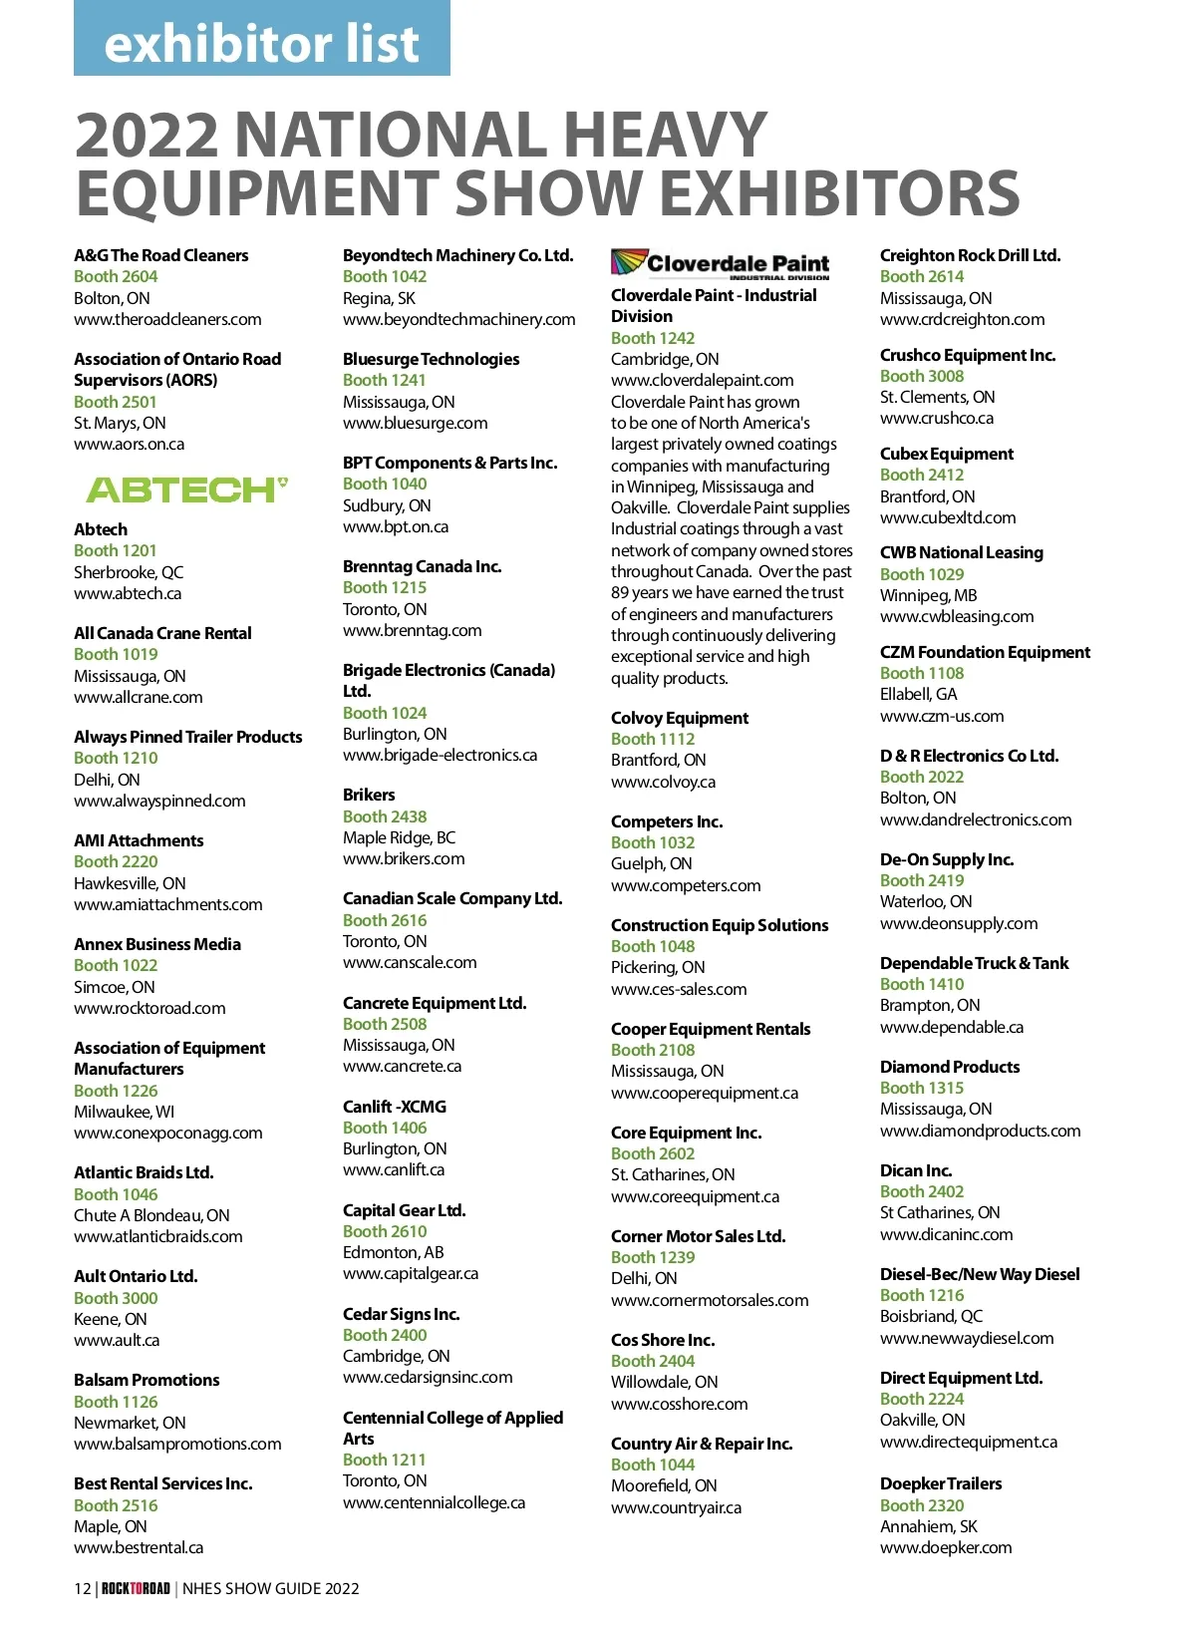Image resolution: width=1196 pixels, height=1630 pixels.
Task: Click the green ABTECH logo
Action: coord(186,489)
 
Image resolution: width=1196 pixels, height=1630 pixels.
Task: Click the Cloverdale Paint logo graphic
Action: coord(720,263)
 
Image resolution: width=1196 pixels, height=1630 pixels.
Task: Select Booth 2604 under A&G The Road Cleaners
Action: coord(116,277)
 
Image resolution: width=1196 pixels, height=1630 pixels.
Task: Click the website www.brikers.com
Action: coord(404,859)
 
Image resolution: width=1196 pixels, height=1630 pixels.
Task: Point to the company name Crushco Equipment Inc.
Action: coord(967,355)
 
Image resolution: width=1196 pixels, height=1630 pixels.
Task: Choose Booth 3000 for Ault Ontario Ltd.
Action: coord(116,1298)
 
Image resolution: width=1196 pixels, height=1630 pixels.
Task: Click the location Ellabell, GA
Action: coord(918,695)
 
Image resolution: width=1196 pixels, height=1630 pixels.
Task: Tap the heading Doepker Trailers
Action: coord(940,1483)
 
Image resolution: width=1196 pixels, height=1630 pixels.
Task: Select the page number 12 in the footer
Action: coord(82,1588)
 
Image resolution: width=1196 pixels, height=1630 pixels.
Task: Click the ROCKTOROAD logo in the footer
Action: coord(136,1588)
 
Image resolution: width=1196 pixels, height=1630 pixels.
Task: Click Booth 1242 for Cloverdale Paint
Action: coord(653,338)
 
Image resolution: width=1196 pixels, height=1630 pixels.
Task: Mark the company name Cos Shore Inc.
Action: coord(663,1340)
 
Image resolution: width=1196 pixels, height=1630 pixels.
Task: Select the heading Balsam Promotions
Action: coord(147,1380)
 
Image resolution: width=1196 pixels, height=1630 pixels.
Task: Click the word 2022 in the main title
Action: coord(147,135)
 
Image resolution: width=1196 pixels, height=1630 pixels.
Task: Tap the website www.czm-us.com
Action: coord(942,716)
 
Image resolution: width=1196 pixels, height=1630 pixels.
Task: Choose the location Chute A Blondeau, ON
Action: coord(151,1215)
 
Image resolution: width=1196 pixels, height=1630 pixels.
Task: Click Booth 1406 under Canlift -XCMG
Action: coord(385,1128)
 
